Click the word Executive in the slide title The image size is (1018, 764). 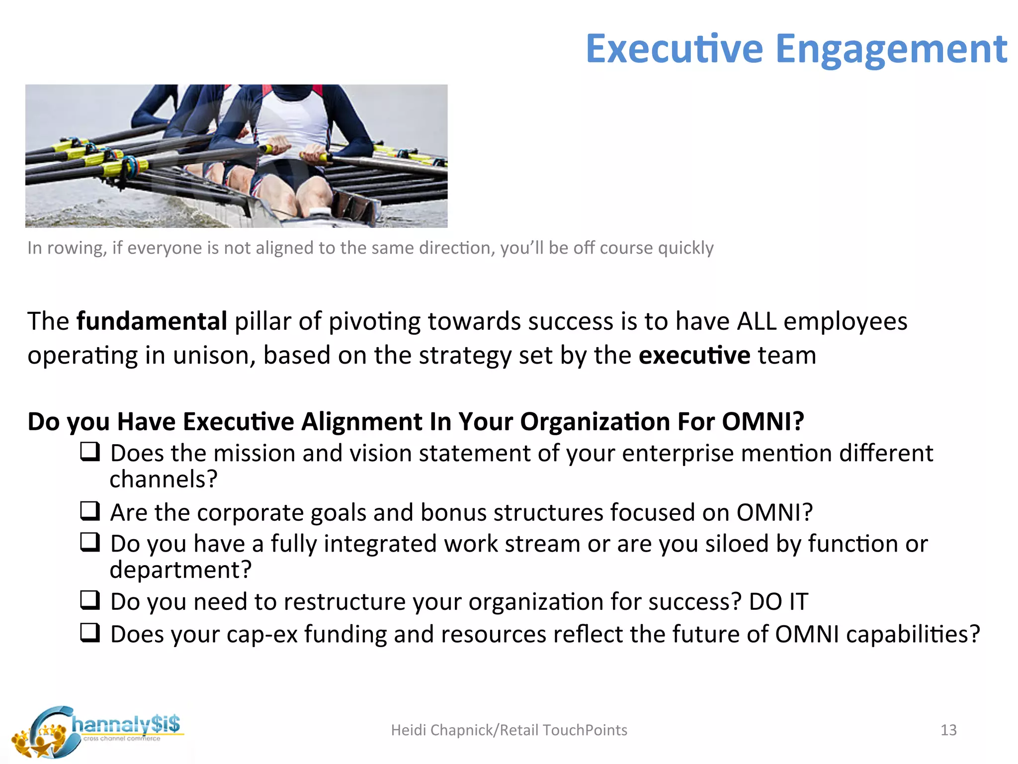pos(674,49)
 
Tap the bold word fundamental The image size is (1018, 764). pos(152,321)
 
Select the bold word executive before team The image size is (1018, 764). pos(694,356)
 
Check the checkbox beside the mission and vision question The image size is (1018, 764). pos(90,452)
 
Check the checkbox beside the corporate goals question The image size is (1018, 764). pos(90,511)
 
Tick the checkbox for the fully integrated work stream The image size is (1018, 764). pos(90,542)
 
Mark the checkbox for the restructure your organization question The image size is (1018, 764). pos(90,600)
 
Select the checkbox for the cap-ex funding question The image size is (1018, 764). pos(90,633)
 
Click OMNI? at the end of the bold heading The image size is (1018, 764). pos(763,422)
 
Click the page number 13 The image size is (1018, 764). pos(948,730)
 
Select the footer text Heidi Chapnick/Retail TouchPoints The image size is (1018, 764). pos(509,730)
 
